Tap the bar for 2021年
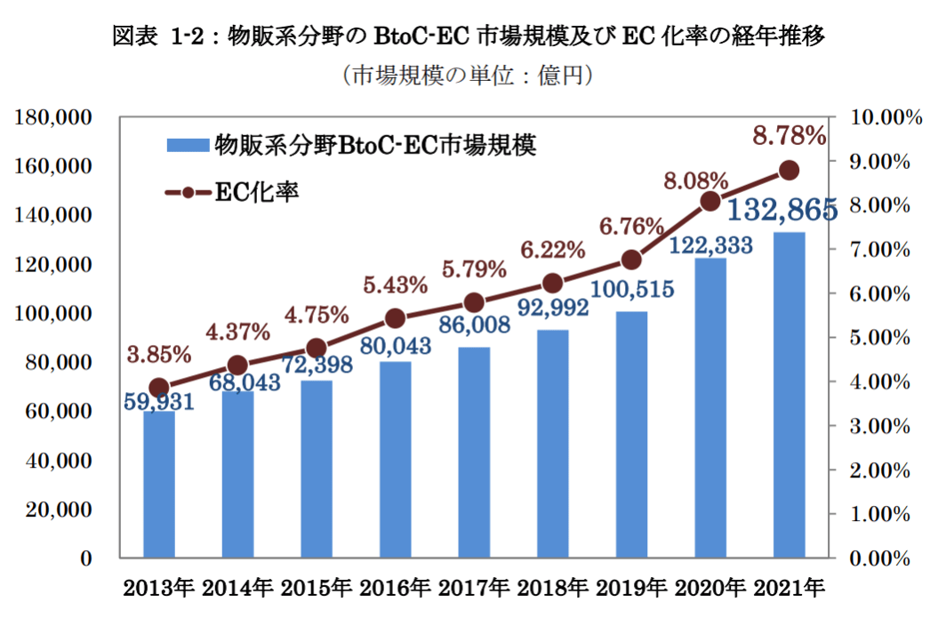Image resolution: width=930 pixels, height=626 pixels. click(x=789, y=395)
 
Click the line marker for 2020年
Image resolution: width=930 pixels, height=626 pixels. click(x=710, y=202)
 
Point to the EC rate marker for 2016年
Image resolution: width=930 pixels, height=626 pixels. click(x=396, y=318)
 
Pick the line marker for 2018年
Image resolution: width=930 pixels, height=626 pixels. click(x=552, y=284)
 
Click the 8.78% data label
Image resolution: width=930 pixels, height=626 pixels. click(x=790, y=136)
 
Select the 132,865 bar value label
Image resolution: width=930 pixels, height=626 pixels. click(x=782, y=211)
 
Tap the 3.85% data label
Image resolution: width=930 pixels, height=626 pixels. click(x=159, y=354)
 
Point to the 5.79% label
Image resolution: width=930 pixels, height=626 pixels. click(x=473, y=267)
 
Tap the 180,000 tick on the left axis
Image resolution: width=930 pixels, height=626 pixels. click(x=56, y=117)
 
